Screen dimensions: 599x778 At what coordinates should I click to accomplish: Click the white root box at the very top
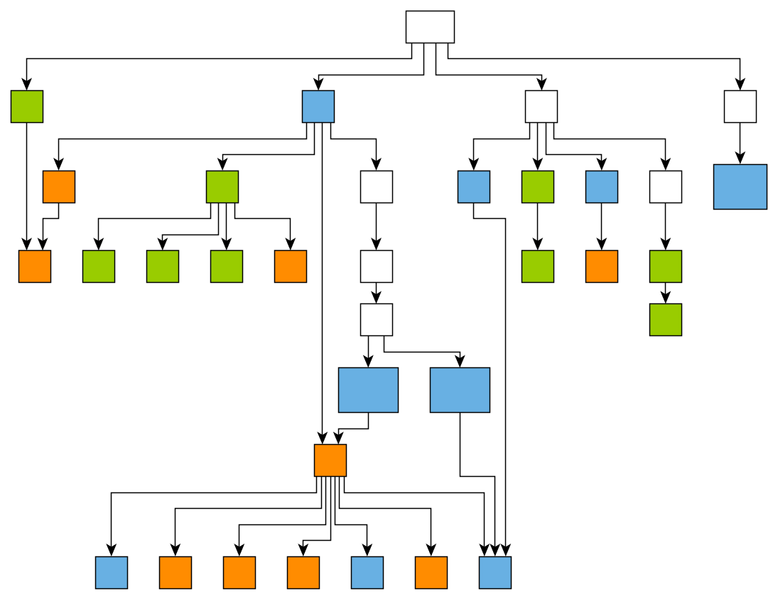click(430, 27)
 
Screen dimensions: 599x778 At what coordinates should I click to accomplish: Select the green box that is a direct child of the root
click(27, 107)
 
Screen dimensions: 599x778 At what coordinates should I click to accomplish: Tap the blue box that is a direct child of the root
click(318, 107)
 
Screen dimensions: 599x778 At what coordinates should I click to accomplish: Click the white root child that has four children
click(541, 107)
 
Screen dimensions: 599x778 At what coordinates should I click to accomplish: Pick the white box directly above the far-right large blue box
click(740, 107)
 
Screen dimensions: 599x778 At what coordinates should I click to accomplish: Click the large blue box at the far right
click(740, 187)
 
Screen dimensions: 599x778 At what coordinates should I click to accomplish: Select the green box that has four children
click(222, 187)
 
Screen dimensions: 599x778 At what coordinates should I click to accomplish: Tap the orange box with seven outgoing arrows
click(330, 460)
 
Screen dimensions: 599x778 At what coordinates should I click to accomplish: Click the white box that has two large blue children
click(377, 320)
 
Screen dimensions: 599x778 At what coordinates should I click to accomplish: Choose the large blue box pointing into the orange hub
click(368, 390)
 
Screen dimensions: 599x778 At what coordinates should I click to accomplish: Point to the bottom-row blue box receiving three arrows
click(495, 573)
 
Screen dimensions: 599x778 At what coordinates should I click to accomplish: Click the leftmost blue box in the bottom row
click(112, 573)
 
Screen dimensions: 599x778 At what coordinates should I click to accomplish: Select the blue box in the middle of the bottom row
click(367, 573)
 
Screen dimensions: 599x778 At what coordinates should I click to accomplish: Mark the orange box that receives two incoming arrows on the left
click(35, 266)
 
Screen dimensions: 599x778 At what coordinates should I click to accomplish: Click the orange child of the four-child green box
click(291, 266)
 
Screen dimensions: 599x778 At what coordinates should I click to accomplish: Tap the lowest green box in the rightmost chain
click(666, 320)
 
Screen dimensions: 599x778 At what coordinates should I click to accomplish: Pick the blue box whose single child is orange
click(602, 187)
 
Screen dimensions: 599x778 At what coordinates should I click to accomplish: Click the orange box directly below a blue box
click(602, 266)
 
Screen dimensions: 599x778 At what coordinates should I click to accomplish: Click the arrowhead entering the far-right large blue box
click(740, 159)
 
